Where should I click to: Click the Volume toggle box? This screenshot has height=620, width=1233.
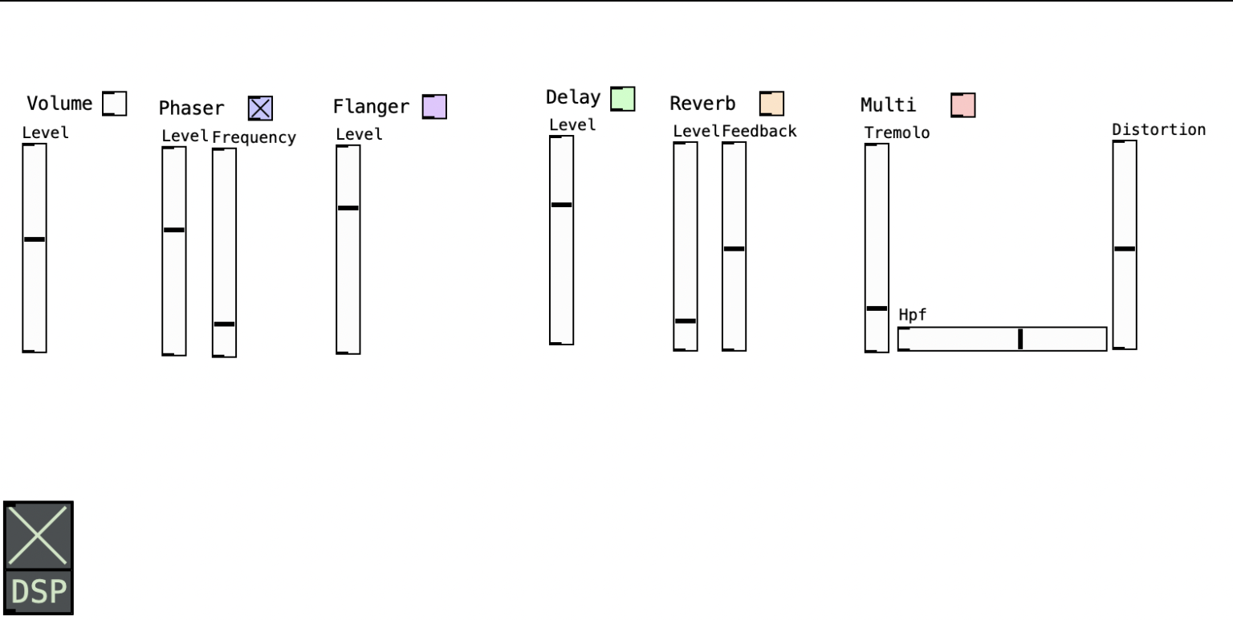point(115,104)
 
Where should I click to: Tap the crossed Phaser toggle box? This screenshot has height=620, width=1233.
point(260,108)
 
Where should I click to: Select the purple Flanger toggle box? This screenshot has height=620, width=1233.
point(434,107)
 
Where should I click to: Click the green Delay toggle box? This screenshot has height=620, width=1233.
point(622,99)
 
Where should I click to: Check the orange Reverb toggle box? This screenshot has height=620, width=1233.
point(771,104)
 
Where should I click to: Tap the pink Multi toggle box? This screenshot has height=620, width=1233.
point(962,105)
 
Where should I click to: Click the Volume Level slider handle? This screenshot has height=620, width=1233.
point(35,239)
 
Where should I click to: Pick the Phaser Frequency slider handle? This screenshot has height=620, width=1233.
point(224,324)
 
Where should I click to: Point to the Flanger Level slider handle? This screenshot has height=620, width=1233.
point(348,208)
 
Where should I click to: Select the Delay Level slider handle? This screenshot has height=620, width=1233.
point(561,205)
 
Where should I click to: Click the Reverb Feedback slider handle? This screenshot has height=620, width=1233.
point(734,249)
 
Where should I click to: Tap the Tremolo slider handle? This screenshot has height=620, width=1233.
point(877,308)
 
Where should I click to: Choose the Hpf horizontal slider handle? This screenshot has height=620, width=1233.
point(1020,339)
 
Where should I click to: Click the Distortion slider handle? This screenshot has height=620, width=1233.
point(1125,249)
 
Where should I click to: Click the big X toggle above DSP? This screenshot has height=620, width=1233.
point(39,536)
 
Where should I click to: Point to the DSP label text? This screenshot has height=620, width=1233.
point(39,593)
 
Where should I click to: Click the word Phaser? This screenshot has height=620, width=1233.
point(191,108)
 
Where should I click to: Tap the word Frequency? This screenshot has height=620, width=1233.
point(254,137)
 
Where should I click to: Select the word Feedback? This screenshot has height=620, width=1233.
point(759,131)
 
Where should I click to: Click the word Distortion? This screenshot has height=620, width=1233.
point(1158,129)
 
